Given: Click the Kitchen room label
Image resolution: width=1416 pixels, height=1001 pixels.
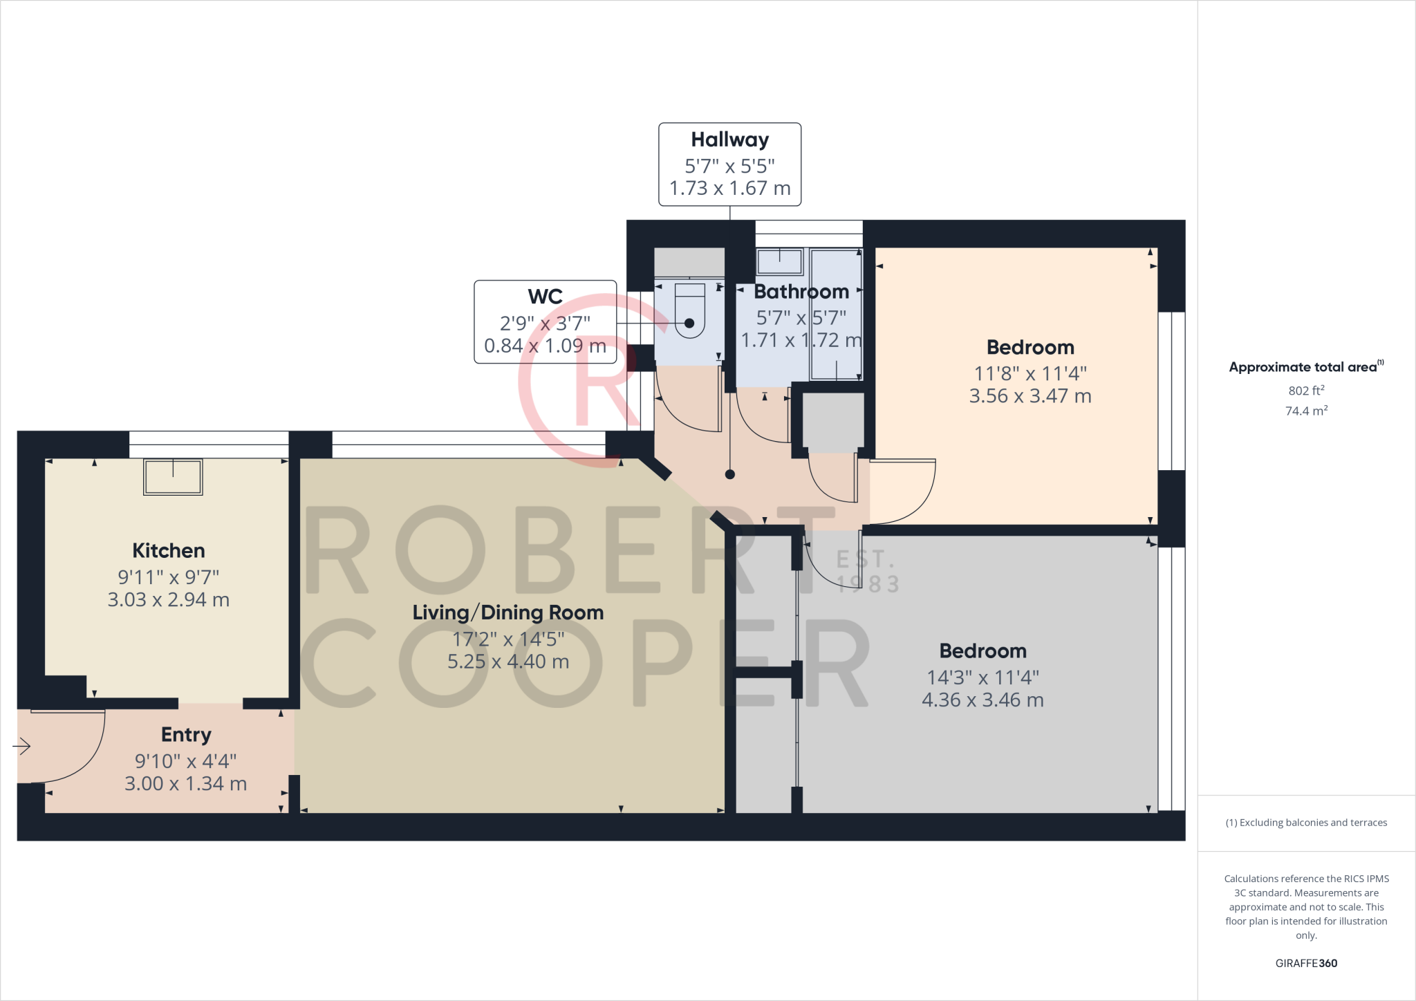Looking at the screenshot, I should (169, 551).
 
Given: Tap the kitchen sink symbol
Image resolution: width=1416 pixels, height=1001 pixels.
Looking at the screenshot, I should (173, 477).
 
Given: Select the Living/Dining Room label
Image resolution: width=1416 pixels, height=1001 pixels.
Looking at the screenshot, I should (508, 612).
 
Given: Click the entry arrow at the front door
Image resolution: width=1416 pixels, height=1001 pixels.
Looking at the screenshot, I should (22, 747).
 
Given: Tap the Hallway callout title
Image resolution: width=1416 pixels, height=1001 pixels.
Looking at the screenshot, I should (730, 140).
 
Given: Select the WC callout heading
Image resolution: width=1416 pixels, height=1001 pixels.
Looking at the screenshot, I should (545, 297).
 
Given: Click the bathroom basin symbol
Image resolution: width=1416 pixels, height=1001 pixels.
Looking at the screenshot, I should (780, 262).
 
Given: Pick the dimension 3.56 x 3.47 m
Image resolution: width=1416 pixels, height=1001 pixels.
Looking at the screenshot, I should (1030, 396).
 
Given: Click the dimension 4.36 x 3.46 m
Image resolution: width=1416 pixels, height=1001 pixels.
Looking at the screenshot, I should (982, 700).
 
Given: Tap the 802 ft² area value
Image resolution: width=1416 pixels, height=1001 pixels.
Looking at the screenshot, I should (1306, 391).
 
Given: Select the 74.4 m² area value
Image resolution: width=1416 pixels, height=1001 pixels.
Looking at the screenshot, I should (1306, 411).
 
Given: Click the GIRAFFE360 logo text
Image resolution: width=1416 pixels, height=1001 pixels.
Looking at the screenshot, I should (1306, 963).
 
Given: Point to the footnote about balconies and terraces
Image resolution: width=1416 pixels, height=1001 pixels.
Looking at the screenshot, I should (1306, 823).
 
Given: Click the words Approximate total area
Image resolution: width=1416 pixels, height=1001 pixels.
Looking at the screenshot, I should (1303, 368).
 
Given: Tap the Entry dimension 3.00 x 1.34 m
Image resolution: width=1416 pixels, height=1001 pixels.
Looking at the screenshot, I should (186, 784).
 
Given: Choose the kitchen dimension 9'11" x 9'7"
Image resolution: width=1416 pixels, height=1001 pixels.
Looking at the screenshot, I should (169, 577).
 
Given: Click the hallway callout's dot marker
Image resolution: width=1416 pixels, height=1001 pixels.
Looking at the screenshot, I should (730, 474).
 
